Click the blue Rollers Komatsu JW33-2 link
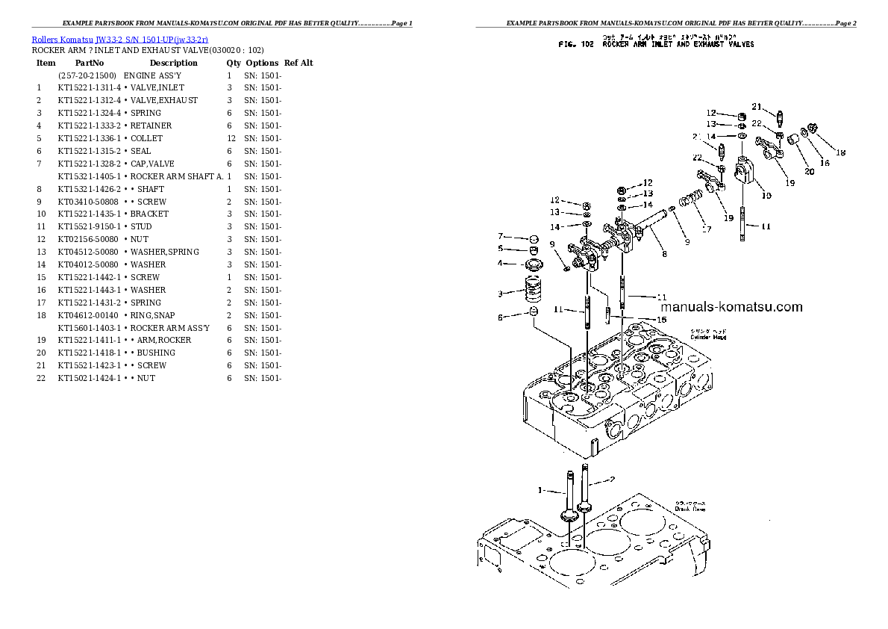pos(120,38)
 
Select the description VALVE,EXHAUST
pos(163,100)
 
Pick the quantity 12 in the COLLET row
pos(231,138)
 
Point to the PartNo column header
pos(90,63)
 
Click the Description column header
pos(173,63)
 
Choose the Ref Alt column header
pos(298,63)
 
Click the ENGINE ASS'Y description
pos(152,75)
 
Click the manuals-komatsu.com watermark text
pos(731,307)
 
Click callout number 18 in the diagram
pos(840,153)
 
